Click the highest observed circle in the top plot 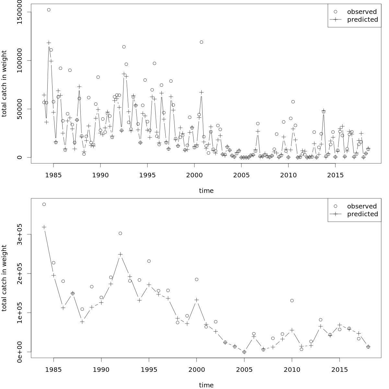click(x=49, y=10)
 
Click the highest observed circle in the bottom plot click(x=44, y=204)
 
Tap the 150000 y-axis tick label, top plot click(x=19, y=12)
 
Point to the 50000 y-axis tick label click(x=19, y=109)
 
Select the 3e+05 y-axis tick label click(x=19, y=234)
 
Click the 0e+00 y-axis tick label click(x=19, y=352)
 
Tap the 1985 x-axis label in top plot click(x=53, y=175)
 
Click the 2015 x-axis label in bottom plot click(x=339, y=370)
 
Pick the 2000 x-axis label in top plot click(x=194, y=175)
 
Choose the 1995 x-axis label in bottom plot click(x=149, y=370)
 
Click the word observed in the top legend click(x=362, y=12)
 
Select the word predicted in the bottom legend click(x=362, y=214)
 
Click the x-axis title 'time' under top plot click(x=206, y=191)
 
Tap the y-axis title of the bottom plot click(x=4, y=278)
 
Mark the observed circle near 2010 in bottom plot click(x=292, y=301)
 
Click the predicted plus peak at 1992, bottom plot click(x=120, y=254)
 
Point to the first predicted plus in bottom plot click(x=44, y=227)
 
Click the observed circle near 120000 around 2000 click(x=201, y=42)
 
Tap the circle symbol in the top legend click(x=335, y=12)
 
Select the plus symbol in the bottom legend click(x=335, y=214)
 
